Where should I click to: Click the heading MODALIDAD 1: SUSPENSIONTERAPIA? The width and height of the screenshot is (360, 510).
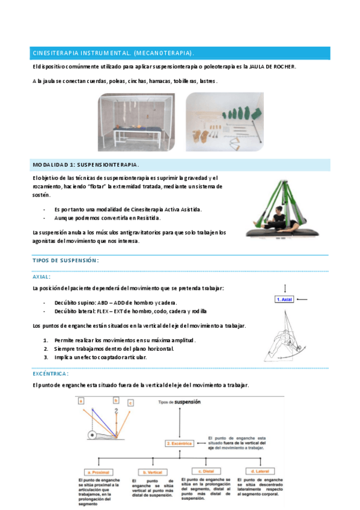tap(85, 164)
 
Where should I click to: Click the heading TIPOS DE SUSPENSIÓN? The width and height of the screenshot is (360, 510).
tap(66, 260)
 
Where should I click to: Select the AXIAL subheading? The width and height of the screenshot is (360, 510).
tap(41, 277)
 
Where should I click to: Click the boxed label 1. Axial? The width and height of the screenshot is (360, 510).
tap(284, 299)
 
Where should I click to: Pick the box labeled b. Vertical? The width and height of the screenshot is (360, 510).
tap(153, 472)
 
